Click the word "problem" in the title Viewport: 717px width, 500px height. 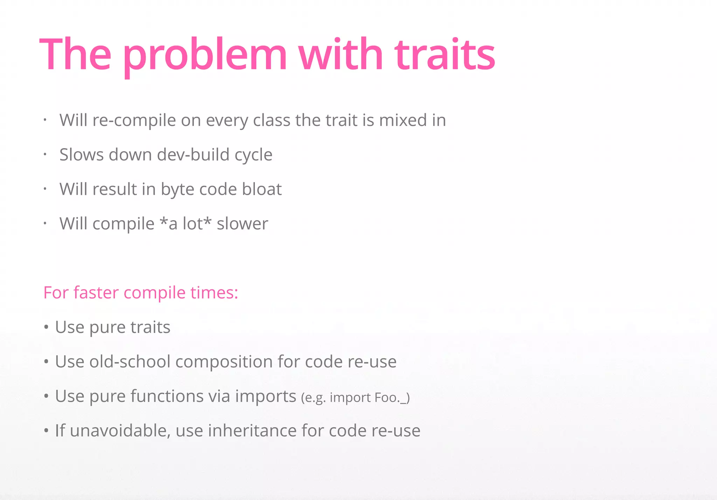tap(205, 55)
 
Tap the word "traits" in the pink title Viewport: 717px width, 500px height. tap(445, 55)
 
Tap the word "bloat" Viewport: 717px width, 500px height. tap(262, 189)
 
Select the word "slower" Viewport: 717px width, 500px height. tap(242, 224)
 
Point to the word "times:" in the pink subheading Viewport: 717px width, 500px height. tap(214, 293)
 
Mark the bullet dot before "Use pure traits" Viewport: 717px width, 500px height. tap(46, 328)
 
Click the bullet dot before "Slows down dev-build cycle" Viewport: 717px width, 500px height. tap(45, 155)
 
